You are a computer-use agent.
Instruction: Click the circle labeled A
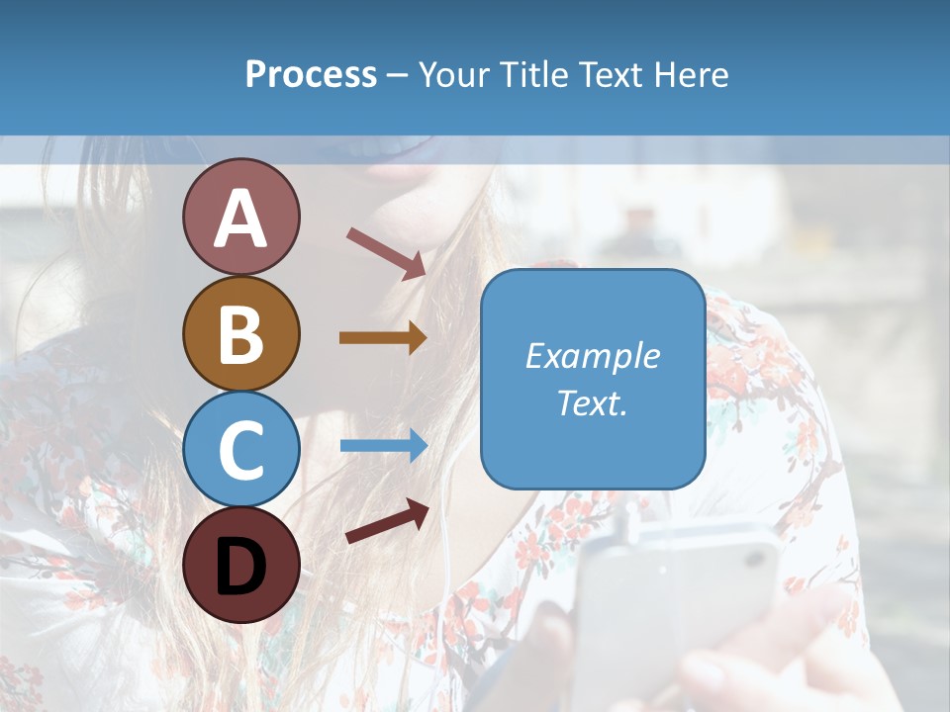tap(240, 217)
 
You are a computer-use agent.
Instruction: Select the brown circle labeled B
tap(240, 333)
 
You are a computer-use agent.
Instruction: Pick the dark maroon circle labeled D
tap(240, 565)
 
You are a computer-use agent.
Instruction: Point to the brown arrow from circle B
tap(383, 338)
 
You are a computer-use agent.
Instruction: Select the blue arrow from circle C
tap(383, 445)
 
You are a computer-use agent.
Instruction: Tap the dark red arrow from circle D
tap(386, 521)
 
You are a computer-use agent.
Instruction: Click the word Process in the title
tap(311, 75)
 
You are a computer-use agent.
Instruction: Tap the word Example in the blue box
tap(593, 356)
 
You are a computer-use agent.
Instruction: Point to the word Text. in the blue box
tap(593, 402)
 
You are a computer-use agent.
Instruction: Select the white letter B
tap(240, 333)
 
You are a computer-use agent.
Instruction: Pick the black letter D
tap(240, 566)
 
